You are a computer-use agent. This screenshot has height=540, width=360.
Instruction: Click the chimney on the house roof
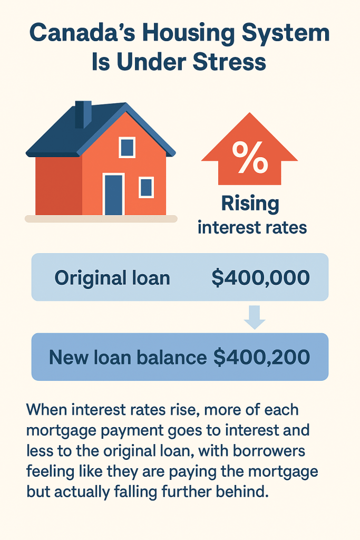(83, 114)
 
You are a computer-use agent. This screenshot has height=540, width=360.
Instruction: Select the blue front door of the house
(113, 195)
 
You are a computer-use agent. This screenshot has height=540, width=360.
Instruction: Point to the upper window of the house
(127, 148)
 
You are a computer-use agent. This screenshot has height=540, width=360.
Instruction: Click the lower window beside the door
(147, 188)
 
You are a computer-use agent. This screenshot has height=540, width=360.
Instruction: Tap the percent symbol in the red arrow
(250, 157)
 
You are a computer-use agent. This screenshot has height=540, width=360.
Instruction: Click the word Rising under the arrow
(250, 204)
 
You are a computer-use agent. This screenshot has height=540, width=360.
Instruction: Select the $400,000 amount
(260, 277)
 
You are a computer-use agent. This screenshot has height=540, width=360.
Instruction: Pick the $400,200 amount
(261, 357)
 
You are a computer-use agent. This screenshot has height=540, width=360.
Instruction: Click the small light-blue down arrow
(255, 317)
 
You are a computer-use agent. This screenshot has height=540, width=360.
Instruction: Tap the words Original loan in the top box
(112, 278)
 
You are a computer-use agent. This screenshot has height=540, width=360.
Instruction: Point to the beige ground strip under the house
(101, 219)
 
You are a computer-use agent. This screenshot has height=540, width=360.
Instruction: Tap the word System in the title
(286, 33)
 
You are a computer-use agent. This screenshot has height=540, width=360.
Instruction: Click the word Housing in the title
(189, 33)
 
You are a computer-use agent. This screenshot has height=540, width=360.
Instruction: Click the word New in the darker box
(64, 357)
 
